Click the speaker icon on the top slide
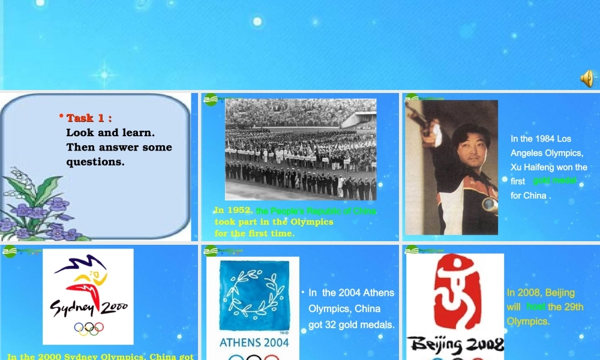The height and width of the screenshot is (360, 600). [587, 78]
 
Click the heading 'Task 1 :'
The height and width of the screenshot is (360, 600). [89, 118]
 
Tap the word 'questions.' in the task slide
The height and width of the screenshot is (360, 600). [95, 162]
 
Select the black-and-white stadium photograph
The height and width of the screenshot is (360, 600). [301, 149]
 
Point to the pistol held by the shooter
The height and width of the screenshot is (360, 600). [426, 120]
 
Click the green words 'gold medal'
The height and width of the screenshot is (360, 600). [554, 181]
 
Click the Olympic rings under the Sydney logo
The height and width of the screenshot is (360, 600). [89, 328]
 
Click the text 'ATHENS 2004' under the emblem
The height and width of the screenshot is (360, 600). [254, 343]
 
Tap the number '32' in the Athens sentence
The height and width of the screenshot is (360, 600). [331, 325]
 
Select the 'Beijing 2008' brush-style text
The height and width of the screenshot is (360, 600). [455, 344]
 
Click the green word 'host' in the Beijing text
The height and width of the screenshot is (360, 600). [536, 307]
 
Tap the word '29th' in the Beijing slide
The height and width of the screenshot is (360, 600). [574, 307]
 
